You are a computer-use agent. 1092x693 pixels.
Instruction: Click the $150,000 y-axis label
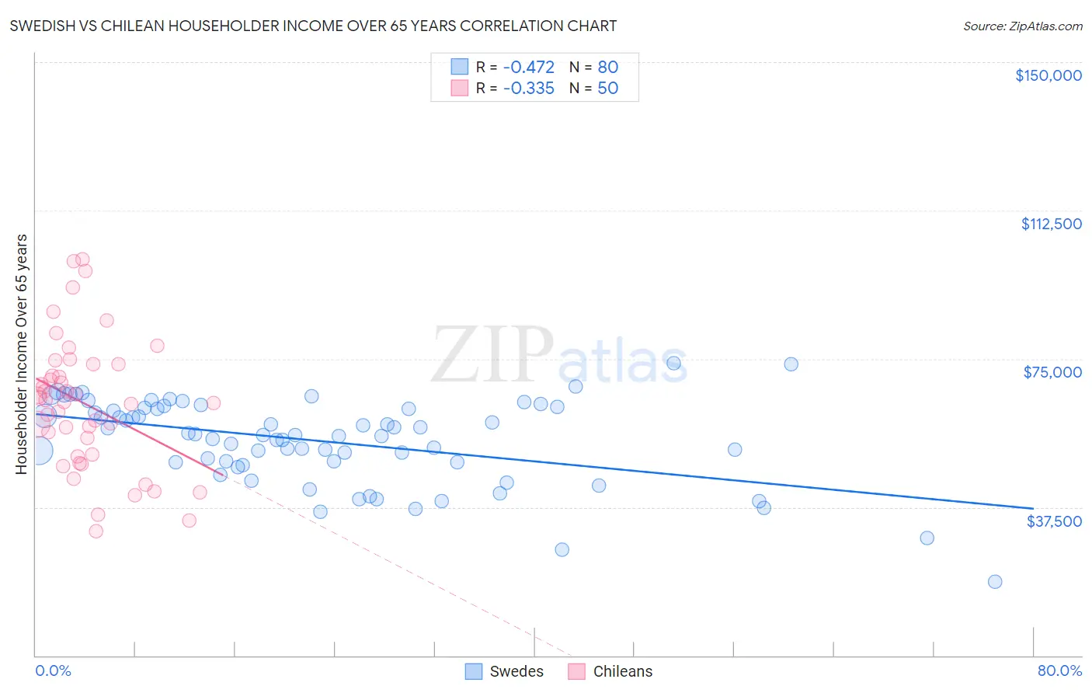(1048, 75)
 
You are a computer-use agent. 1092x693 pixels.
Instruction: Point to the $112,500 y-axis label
(1051, 224)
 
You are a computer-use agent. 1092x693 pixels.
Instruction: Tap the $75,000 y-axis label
(1052, 372)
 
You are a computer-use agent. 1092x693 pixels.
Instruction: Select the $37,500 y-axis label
(1054, 521)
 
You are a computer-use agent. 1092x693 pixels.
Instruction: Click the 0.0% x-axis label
(53, 670)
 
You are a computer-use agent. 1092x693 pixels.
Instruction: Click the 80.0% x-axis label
(1059, 670)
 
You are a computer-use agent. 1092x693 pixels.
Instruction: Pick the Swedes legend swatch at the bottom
(474, 671)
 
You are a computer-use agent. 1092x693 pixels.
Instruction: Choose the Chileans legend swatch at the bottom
(576, 671)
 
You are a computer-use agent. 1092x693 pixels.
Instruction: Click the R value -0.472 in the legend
(528, 67)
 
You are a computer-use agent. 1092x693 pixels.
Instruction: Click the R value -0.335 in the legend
(528, 88)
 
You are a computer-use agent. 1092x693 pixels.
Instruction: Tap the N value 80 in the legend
(607, 67)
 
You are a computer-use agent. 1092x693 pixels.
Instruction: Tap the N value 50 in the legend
(607, 88)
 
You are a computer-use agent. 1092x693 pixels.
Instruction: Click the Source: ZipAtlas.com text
(1022, 26)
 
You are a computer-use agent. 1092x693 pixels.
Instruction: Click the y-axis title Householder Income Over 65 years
(22, 353)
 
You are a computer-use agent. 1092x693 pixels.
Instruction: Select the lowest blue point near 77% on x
(994, 582)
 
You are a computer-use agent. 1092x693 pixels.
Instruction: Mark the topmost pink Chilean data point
(82, 259)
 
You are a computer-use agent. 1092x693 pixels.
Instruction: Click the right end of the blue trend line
(1032, 508)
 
